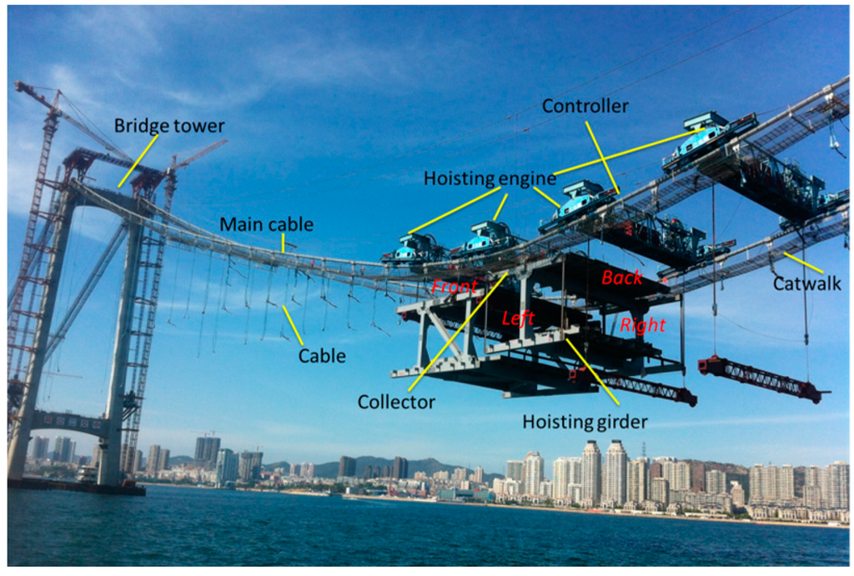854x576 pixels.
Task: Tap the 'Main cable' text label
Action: tap(267, 224)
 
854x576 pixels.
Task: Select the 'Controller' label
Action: tap(585, 107)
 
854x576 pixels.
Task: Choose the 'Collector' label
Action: tap(396, 402)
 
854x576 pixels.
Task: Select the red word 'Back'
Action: tap(623, 278)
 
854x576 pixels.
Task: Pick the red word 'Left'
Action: tap(517, 318)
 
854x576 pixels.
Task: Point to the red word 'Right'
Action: tap(642, 325)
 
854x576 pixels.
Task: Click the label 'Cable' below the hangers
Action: tap(322, 355)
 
